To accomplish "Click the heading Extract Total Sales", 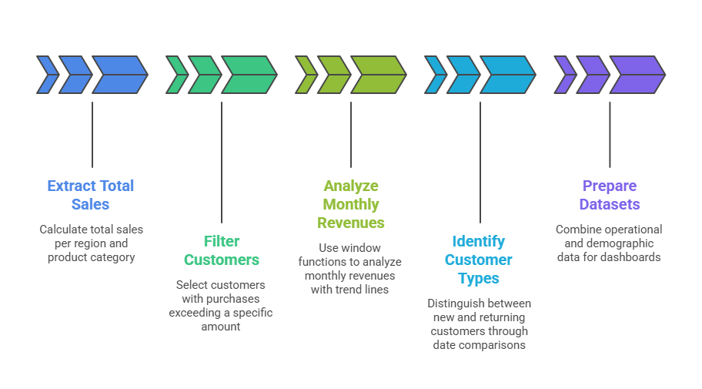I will click(91, 195).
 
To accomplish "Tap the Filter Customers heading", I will click(221, 250).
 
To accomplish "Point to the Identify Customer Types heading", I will click(478, 260).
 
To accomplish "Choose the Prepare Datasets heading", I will click(610, 195).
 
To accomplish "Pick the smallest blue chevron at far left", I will click(46, 75).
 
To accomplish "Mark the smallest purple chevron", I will click(564, 75).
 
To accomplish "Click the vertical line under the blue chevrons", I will click(92, 135).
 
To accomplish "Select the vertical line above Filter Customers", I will click(222, 162).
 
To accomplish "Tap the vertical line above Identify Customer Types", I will click(480, 162).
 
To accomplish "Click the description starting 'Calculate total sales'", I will click(91, 243).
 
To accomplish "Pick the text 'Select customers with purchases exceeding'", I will click(221, 305).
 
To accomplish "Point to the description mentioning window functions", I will click(350, 268).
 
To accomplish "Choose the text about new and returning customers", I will click(479, 324).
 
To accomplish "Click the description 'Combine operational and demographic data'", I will click(609, 243).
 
